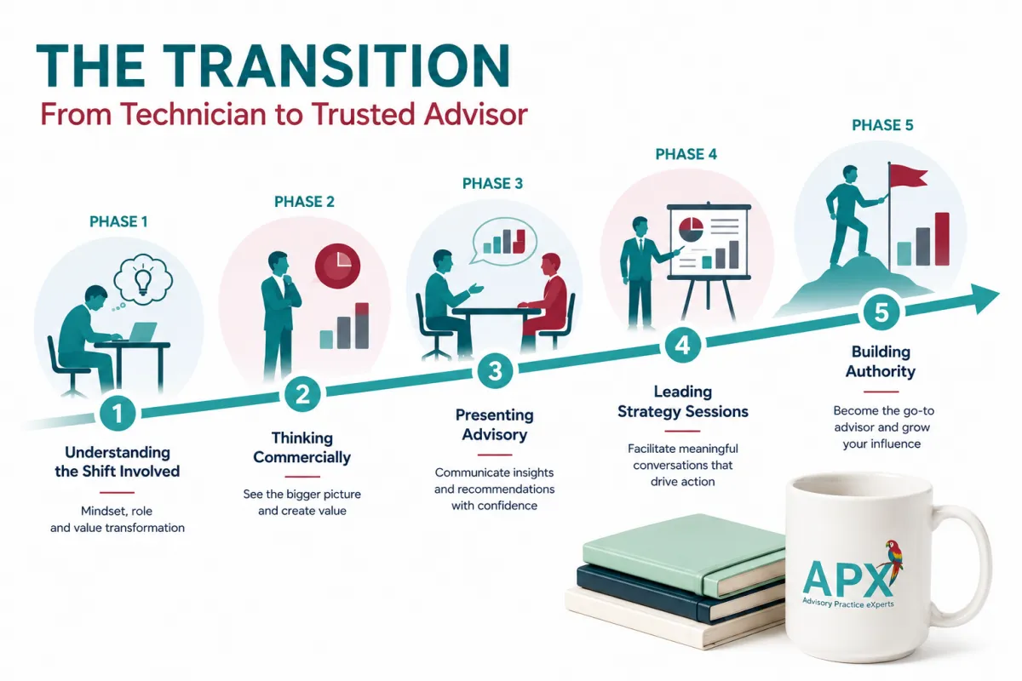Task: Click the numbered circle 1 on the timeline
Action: pyautogui.click(x=118, y=414)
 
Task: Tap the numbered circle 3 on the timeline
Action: pyautogui.click(x=495, y=371)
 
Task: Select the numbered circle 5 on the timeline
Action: pyautogui.click(x=881, y=313)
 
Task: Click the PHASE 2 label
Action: pyautogui.click(x=304, y=202)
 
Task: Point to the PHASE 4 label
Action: pyautogui.click(x=686, y=154)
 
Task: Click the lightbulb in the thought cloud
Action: pyautogui.click(x=143, y=279)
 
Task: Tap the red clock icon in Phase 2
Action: pyautogui.click(x=337, y=266)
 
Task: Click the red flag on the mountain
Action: pyautogui.click(x=909, y=175)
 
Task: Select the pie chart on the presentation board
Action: pyautogui.click(x=691, y=230)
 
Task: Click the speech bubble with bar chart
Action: pyautogui.click(x=503, y=242)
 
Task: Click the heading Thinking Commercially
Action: pyautogui.click(x=302, y=448)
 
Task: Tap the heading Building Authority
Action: pyautogui.click(x=881, y=361)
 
